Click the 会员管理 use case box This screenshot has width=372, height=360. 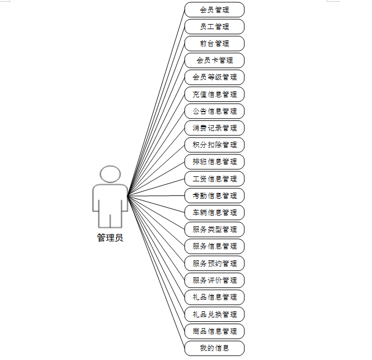[x=214, y=10]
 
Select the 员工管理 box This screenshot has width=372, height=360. [x=214, y=26]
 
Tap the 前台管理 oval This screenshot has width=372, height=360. [x=214, y=43]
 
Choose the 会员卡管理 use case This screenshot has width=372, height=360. [x=214, y=60]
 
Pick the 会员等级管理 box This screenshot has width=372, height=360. [x=214, y=77]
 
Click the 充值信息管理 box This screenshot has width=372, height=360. [x=214, y=94]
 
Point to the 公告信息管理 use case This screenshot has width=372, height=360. [x=214, y=111]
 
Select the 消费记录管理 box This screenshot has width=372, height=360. [x=214, y=128]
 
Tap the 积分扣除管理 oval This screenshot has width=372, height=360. [x=214, y=145]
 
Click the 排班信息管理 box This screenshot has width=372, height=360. [x=214, y=162]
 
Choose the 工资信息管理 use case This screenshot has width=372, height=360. [x=214, y=179]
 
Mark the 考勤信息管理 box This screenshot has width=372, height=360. [x=214, y=195]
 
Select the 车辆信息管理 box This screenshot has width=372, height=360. [x=214, y=212]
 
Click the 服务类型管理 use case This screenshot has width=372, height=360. [x=214, y=229]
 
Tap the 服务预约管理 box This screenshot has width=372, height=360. [x=214, y=263]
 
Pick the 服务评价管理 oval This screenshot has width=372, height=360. [x=214, y=280]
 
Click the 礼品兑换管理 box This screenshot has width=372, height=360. [x=214, y=314]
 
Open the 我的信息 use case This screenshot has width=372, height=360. [x=214, y=348]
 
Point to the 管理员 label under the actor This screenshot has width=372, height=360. [x=110, y=237]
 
